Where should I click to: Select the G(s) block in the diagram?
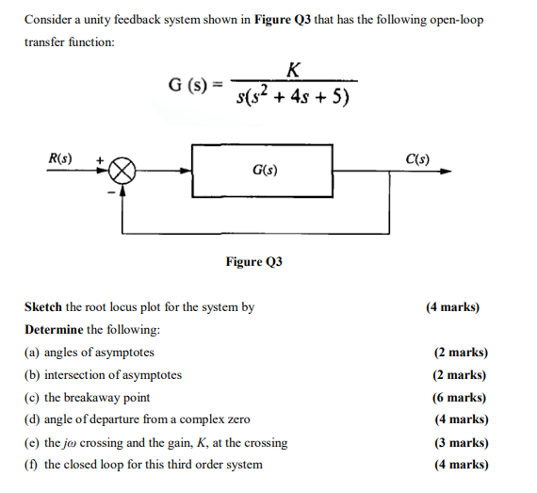[x=262, y=171]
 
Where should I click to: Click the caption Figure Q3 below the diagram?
[x=254, y=261]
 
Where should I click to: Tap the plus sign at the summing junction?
[x=99, y=161]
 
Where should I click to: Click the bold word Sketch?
[x=43, y=307]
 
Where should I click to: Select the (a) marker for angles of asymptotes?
[x=32, y=353]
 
